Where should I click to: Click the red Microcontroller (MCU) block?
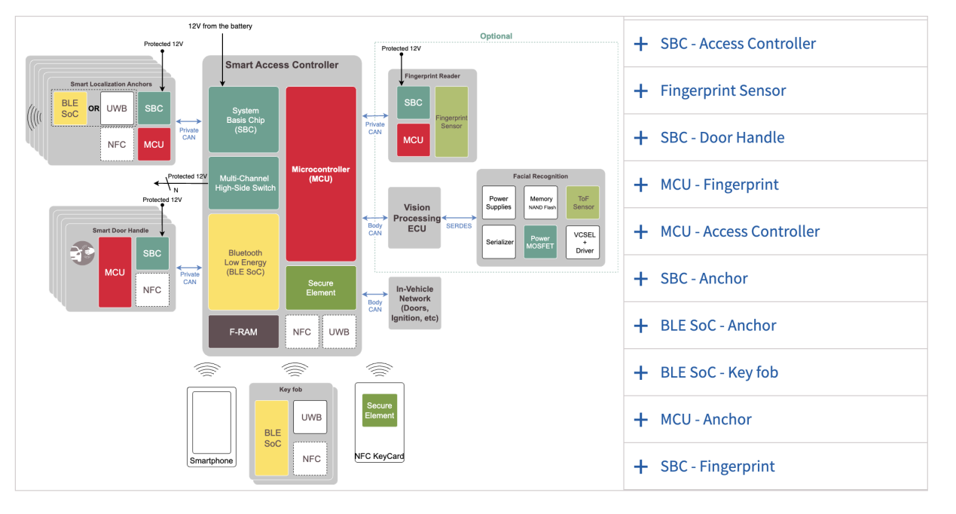click(321, 173)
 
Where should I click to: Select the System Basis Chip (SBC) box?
click(243, 120)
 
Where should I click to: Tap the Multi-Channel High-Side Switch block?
click(243, 182)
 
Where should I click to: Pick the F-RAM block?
click(243, 332)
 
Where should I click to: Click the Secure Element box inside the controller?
click(321, 288)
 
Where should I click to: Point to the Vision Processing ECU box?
click(414, 218)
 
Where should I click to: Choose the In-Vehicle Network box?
click(414, 303)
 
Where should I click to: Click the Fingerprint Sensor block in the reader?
click(451, 121)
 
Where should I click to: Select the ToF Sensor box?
click(582, 203)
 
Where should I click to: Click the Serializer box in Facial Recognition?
click(499, 242)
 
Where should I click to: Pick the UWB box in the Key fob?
click(310, 417)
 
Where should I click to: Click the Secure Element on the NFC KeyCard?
click(379, 410)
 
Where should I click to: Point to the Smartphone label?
click(211, 461)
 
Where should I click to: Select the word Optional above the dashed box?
click(496, 36)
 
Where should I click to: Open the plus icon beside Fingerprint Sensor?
click(640, 90)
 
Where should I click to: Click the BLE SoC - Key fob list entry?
click(719, 372)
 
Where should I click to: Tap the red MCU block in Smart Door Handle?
click(115, 272)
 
